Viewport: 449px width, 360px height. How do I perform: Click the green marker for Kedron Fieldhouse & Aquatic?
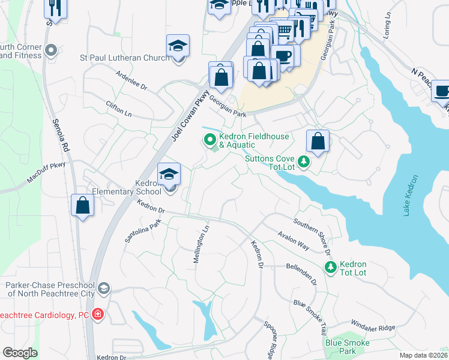[210, 140]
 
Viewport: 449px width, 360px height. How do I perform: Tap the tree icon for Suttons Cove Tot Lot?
[304, 161]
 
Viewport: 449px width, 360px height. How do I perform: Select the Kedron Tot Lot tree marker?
[330, 268]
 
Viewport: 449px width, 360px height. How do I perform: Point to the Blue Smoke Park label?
[348, 346]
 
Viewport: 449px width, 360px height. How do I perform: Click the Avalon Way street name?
[294, 241]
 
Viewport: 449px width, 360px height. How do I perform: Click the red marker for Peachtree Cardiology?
[98, 314]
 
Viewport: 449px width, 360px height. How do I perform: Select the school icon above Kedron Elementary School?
[169, 174]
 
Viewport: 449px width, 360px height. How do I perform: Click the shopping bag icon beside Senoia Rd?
[82, 205]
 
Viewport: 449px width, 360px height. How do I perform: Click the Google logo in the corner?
[20, 353]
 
